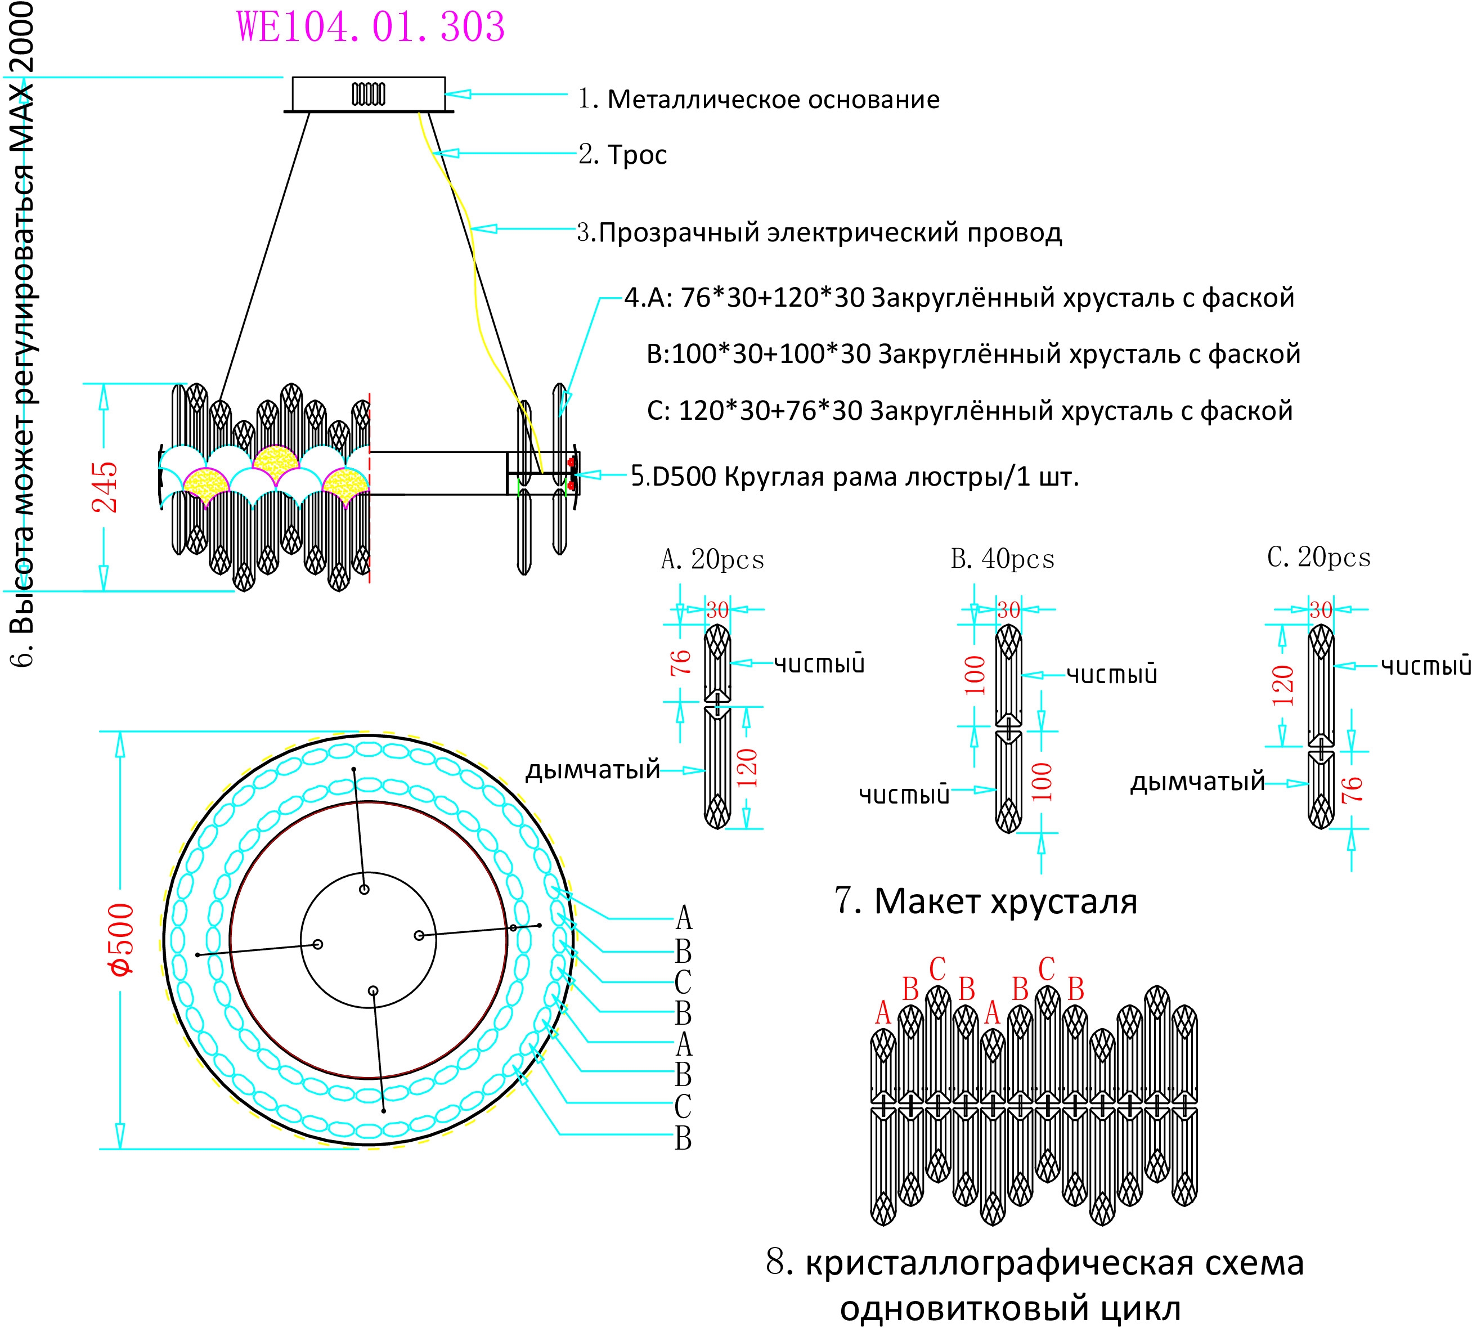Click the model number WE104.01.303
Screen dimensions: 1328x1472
click(371, 28)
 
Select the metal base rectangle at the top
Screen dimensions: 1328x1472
click(369, 94)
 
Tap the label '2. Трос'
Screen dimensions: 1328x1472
click(622, 155)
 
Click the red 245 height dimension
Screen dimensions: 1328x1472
click(104, 487)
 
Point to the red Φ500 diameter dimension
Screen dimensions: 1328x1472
click(121, 940)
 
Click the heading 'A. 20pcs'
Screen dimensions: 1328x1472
click(712, 560)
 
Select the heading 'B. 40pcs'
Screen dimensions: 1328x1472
click(1003, 559)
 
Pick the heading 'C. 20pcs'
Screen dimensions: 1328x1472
click(1319, 558)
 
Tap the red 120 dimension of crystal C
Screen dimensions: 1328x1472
click(1282, 685)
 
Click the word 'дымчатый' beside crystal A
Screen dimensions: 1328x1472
click(593, 770)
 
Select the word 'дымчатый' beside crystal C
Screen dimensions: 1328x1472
click(1197, 782)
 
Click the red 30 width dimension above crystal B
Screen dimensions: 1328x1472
click(1008, 610)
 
